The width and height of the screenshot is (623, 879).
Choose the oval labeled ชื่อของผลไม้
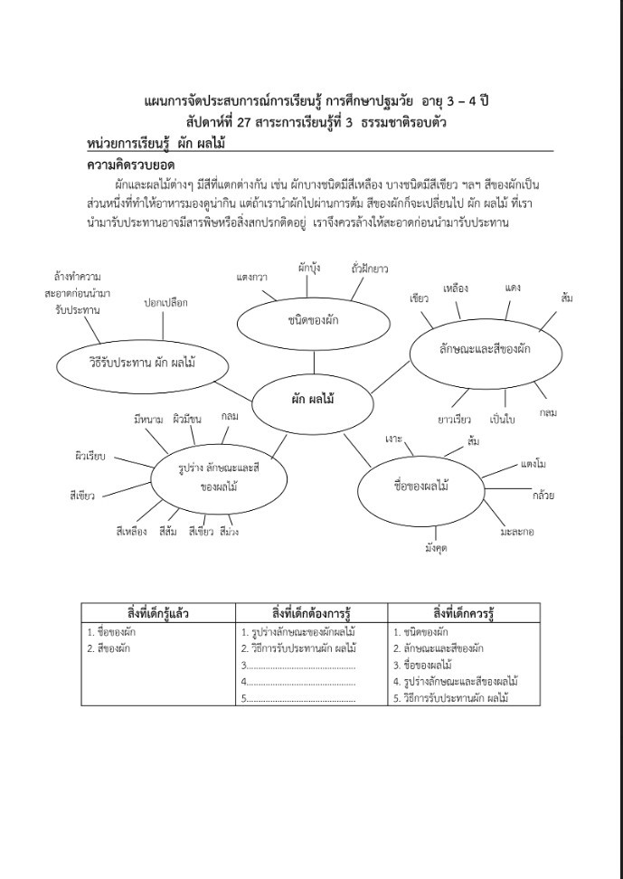click(422, 486)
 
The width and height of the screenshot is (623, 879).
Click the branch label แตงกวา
click(251, 276)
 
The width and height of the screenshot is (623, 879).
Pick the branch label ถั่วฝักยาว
click(370, 269)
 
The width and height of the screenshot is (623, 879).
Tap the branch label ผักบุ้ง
click(309, 267)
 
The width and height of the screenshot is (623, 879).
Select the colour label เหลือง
click(456, 288)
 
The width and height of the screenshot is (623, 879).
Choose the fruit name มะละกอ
click(516, 532)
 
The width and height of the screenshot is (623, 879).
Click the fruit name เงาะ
click(393, 439)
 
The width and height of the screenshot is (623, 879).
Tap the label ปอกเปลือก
click(166, 303)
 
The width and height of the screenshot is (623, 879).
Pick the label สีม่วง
click(229, 532)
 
